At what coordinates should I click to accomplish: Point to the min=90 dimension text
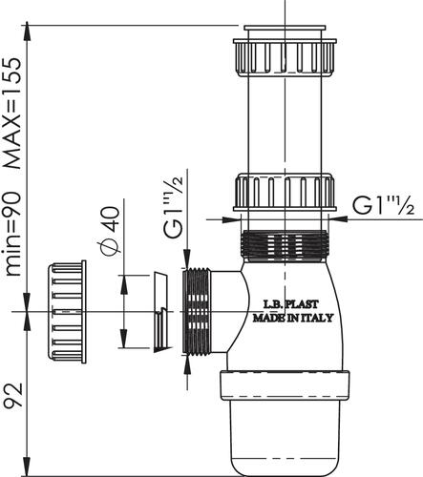[x=14, y=229]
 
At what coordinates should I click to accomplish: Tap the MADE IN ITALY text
[x=292, y=319]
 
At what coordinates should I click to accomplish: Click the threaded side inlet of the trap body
[x=197, y=312]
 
